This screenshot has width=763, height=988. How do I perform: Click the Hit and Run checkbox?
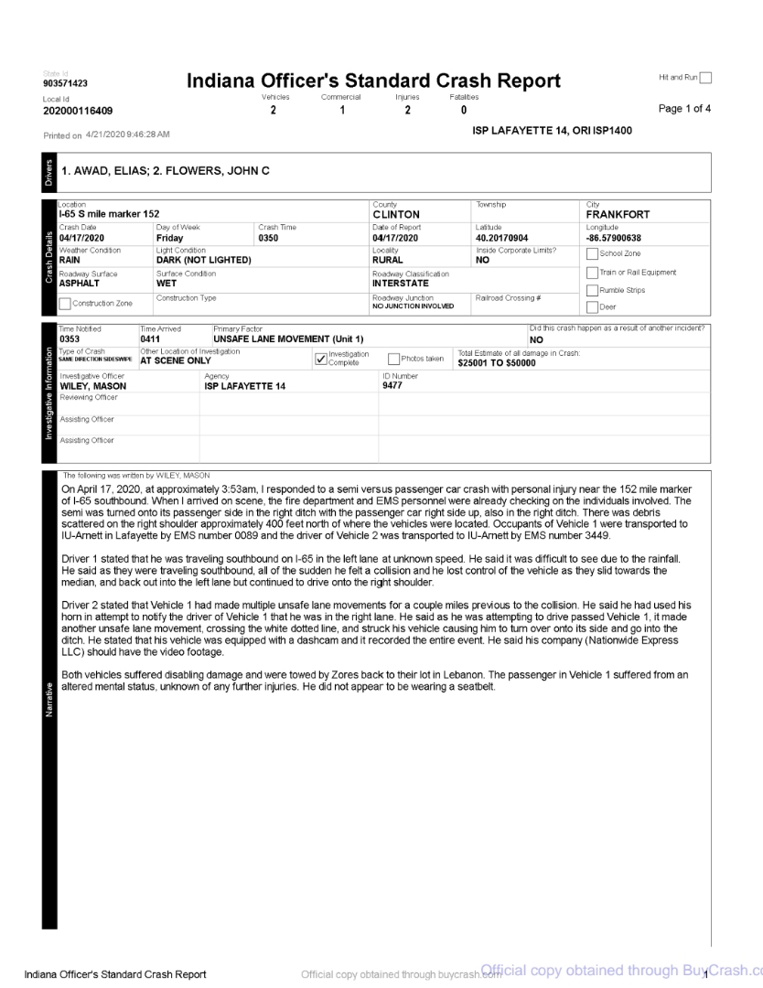tap(704, 80)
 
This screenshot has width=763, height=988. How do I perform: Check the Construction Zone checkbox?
tap(64, 304)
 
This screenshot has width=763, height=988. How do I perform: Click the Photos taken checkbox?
tap(394, 359)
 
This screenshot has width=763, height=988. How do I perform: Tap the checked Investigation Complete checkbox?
tap(318, 359)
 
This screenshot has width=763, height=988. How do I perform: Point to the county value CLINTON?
tap(396, 215)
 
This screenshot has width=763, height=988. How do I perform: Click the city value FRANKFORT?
tap(618, 215)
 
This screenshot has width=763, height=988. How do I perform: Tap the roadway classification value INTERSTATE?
tap(403, 283)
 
